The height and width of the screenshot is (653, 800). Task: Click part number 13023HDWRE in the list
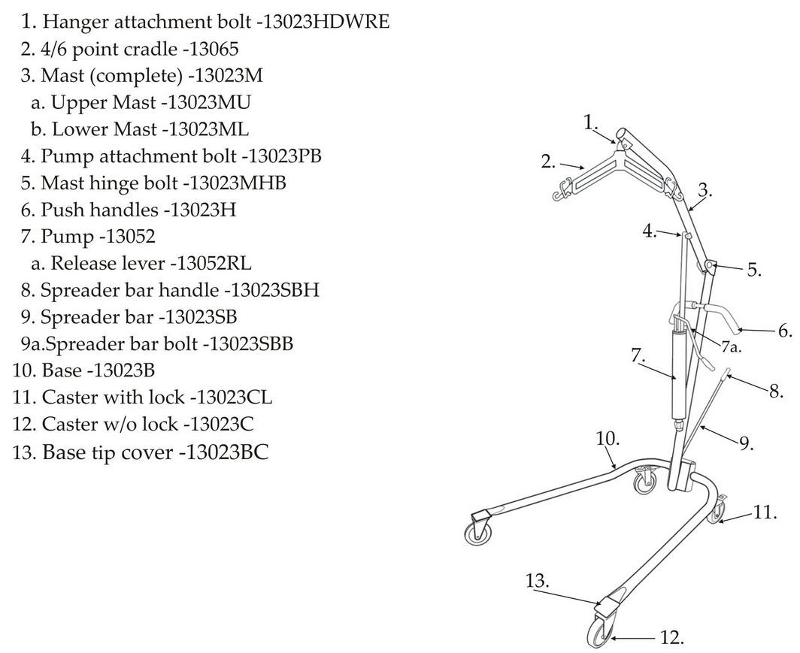[x=326, y=22]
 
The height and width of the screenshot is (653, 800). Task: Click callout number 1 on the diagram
[x=590, y=122]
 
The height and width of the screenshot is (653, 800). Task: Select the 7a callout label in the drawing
[x=731, y=347]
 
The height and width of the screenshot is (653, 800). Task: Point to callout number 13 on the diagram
[x=538, y=581]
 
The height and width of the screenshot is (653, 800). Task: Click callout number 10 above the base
[x=608, y=438]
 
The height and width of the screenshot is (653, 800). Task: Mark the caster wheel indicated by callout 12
[x=599, y=632]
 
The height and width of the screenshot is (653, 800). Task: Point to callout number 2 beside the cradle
[x=548, y=162]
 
